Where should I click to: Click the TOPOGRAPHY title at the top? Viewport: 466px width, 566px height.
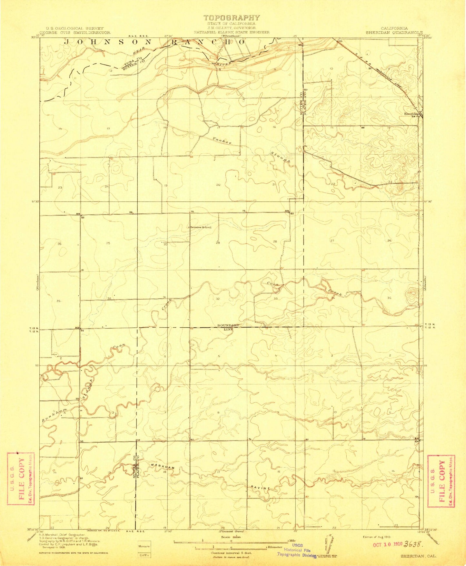tap(231, 18)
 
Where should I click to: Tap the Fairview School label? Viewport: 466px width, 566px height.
tap(200, 227)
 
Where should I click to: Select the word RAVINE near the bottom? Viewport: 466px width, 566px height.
tap(260, 487)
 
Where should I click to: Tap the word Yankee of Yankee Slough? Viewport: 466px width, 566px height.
tap(222, 141)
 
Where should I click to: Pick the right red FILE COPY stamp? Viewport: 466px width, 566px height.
tap(441, 481)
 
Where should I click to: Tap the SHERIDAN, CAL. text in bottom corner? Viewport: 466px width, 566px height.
tap(419, 556)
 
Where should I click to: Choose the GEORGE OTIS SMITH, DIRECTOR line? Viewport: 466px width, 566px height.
tap(75, 33)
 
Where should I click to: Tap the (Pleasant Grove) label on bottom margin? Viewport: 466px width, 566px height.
tap(231, 531)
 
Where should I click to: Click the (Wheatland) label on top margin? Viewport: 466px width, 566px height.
tap(231, 36)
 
